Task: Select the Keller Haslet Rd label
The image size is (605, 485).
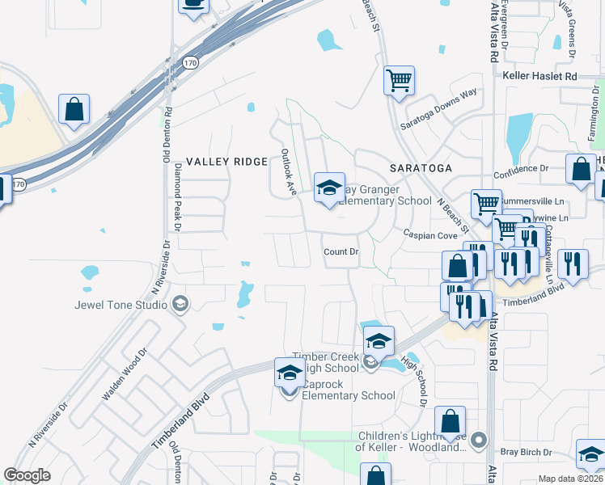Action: (x=540, y=76)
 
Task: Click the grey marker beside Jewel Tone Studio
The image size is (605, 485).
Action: (x=180, y=305)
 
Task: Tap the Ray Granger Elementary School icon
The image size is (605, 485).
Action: (x=329, y=189)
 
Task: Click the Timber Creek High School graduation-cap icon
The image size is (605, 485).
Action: (x=378, y=341)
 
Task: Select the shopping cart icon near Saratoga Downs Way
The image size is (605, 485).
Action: (x=399, y=81)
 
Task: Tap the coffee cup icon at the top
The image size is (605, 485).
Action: (x=193, y=4)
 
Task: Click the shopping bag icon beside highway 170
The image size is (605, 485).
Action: (x=74, y=110)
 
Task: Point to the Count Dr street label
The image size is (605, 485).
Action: (x=341, y=252)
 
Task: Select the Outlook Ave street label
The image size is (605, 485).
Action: (x=289, y=171)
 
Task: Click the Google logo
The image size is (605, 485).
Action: (x=27, y=475)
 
